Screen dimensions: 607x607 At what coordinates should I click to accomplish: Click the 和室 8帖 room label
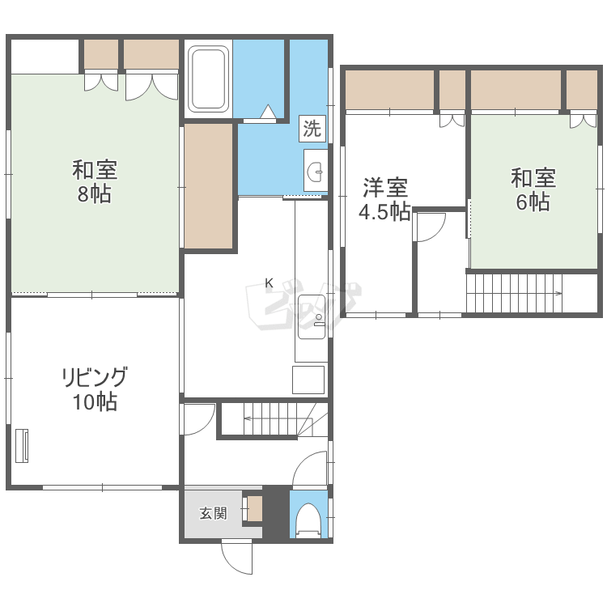point(95,181)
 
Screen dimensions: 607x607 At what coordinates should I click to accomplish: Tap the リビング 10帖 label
point(95,388)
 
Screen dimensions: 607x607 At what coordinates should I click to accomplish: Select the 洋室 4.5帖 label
point(384,199)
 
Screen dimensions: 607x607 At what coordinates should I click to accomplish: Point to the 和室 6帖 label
point(533,189)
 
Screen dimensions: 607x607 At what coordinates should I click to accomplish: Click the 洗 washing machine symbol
point(312,128)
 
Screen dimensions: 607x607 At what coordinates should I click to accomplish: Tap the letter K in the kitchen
point(269,283)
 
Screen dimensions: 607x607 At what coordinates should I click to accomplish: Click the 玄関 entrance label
point(213,514)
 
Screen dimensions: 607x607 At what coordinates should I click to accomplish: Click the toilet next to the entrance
point(308,520)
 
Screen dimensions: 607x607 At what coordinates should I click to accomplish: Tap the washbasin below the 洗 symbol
point(316,170)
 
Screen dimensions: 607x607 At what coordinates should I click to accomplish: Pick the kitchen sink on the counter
point(312,316)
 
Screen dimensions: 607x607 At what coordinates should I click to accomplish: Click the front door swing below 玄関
point(237,558)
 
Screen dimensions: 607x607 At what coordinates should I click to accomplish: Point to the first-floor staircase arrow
point(272,418)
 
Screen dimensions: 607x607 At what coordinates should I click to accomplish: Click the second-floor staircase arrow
point(515,293)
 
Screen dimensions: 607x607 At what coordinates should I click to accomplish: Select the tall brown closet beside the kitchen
point(208,186)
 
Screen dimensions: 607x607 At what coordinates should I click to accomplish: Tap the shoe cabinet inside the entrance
point(255,508)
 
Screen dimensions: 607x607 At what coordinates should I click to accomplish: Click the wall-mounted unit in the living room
point(22,446)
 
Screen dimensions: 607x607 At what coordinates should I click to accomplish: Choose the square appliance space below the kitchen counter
point(308,380)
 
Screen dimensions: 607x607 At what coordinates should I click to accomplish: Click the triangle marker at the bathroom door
point(268,112)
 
